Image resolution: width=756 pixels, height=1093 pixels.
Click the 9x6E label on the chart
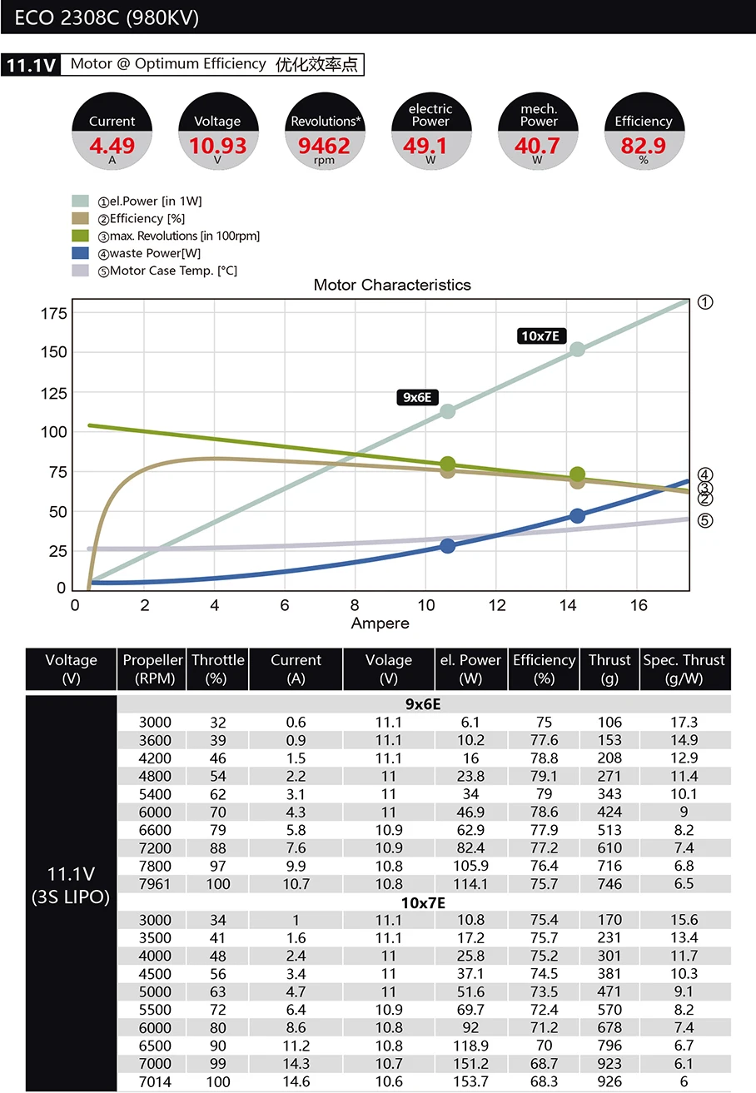[x=417, y=397]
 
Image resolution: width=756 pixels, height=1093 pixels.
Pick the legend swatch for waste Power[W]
[x=81, y=253]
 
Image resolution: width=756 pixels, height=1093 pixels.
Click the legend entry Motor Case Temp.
[x=173, y=271]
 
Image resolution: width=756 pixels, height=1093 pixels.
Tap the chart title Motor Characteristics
[x=392, y=285]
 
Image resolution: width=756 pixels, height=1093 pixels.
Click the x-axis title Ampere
[x=380, y=623]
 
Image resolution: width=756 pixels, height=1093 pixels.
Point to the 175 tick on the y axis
[x=52, y=313]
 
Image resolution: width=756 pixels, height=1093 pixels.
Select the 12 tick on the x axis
[x=497, y=605]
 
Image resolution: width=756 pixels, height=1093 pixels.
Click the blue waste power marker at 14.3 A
[x=577, y=515]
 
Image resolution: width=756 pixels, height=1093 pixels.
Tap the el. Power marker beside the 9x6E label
[x=447, y=410]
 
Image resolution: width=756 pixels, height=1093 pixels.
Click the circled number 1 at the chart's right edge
[x=705, y=302]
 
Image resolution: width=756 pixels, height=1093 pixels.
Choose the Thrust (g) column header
[x=609, y=668]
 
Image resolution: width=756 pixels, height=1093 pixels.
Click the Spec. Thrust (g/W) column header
[x=684, y=668]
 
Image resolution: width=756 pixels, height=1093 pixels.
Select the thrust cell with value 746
[x=609, y=884]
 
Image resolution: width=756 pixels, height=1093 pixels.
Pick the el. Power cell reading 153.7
[x=470, y=1081]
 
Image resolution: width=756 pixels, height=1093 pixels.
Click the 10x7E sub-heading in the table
[x=424, y=902]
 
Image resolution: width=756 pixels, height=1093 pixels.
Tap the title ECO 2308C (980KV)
[x=107, y=17]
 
